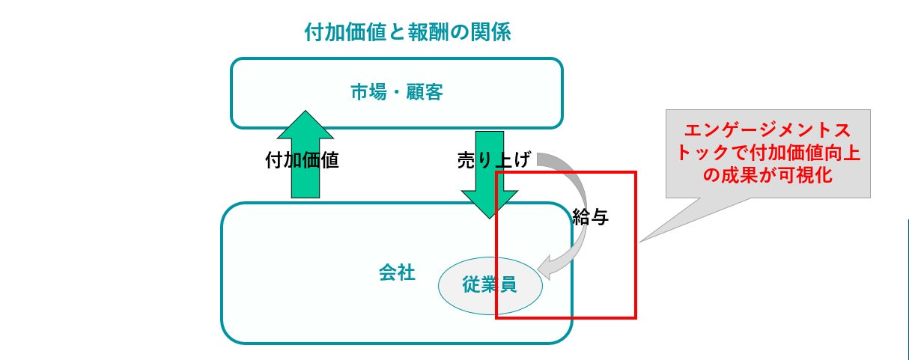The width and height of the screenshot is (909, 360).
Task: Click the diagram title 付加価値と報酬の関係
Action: tap(407, 32)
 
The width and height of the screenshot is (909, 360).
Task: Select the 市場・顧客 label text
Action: tap(397, 92)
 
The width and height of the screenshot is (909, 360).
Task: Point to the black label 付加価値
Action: tap(302, 161)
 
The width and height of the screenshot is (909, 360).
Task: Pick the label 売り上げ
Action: tap(493, 160)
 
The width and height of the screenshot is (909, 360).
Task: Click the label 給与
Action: tap(590, 217)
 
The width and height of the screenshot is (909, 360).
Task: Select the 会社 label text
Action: tap(397, 272)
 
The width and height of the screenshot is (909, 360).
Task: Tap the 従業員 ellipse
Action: tap(490, 285)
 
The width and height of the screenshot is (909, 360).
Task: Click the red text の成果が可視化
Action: tap(768, 176)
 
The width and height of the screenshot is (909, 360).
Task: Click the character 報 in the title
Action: tap(419, 32)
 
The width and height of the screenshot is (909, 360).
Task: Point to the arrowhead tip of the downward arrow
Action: tap(489, 217)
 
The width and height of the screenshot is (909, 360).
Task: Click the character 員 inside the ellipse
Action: tap(508, 285)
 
